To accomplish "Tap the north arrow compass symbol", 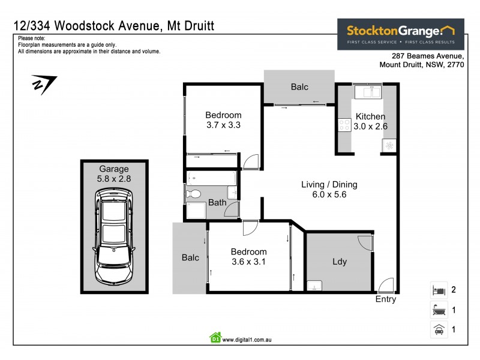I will [x=43, y=84].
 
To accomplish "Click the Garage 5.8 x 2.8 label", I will [x=114, y=173].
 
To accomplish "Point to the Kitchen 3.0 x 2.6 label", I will [x=371, y=121].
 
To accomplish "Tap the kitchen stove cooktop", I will [x=345, y=125].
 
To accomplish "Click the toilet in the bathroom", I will [x=193, y=194].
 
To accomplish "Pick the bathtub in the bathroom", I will [x=211, y=178].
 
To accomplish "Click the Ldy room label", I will [x=340, y=262].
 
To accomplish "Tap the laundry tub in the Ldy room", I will [x=314, y=285].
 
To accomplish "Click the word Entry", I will [x=386, y=299].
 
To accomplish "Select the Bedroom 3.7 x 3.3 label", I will [x=223, y=120].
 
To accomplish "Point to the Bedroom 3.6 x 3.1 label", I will [x=248, y=257].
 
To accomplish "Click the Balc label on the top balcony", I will [x=299, y=87].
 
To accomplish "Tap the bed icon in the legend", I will [x=438, y=290].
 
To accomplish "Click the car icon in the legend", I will [x=438, y=329].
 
